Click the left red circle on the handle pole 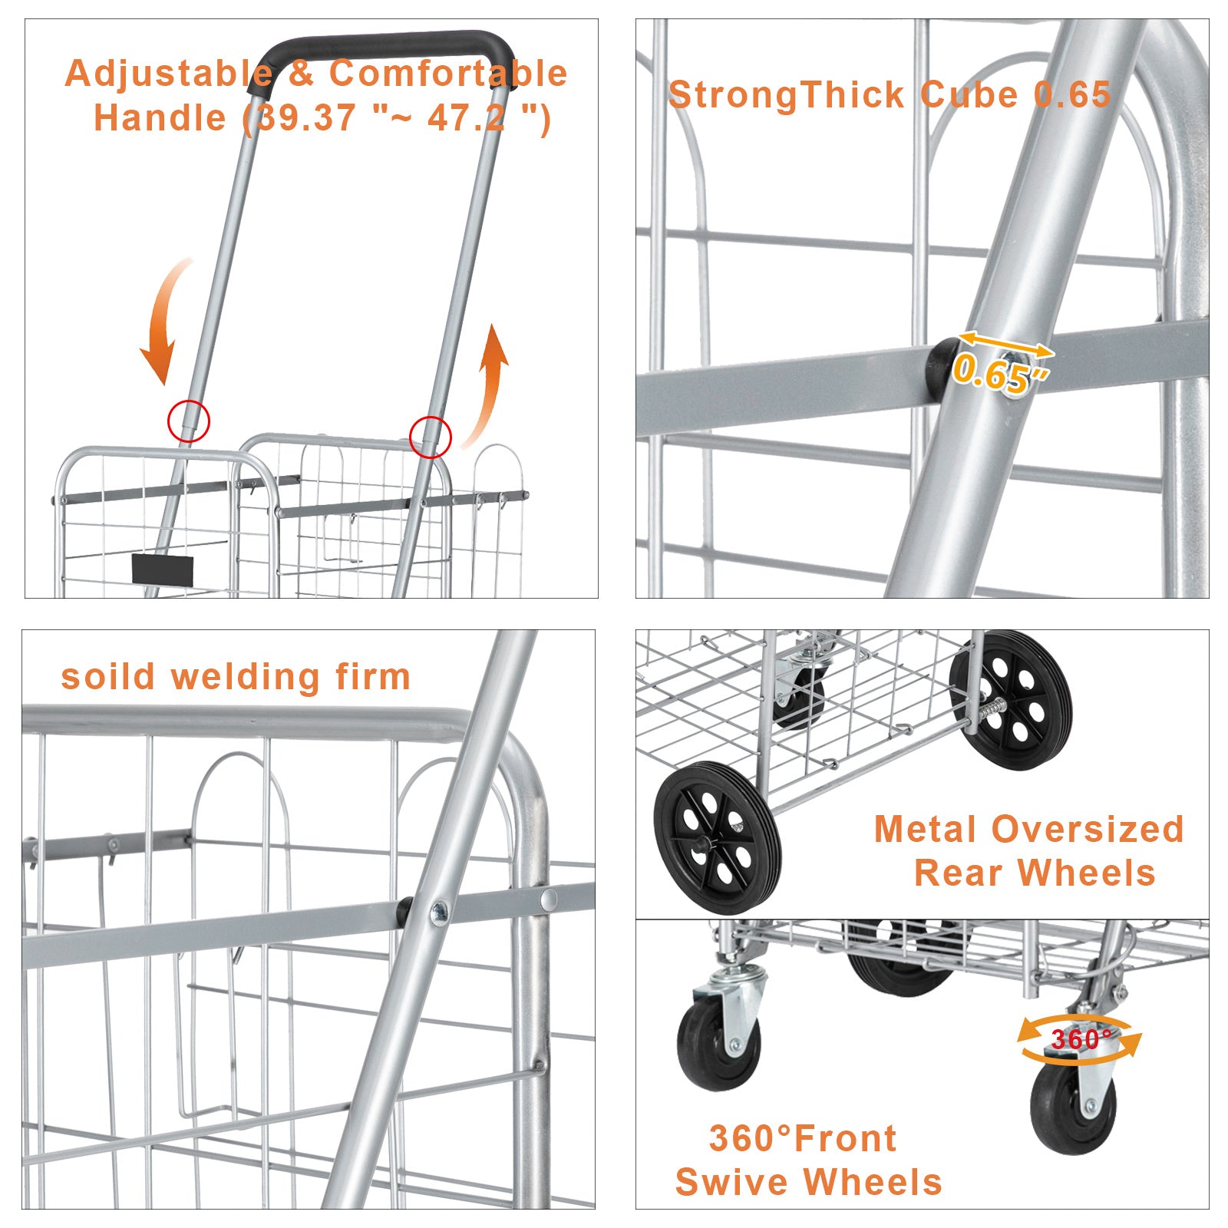(x=189, y=421)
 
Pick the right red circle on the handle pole (x=430, y=437)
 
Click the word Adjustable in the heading (x=169, y=74)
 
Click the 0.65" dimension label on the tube (x=1000, y=375)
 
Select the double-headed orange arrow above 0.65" (x=1005, y=345)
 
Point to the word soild (x=107, y=677)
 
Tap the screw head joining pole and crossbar (x=439, y=912)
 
